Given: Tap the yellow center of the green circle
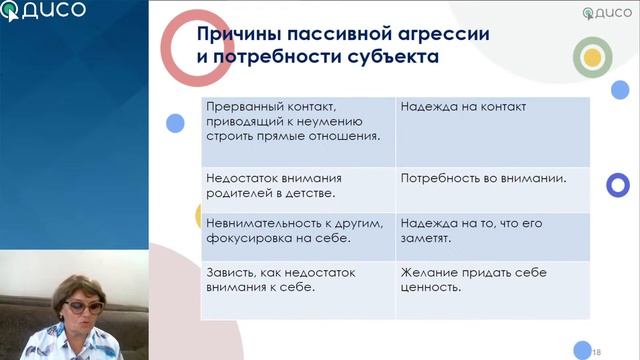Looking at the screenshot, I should tap(592, 58).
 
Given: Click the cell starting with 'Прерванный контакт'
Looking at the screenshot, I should tap(298, 130).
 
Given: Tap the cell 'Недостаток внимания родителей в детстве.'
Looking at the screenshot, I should tap(298, 188).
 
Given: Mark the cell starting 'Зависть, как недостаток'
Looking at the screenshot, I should tap(298, 289).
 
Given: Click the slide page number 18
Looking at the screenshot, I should tap(596, 352).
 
